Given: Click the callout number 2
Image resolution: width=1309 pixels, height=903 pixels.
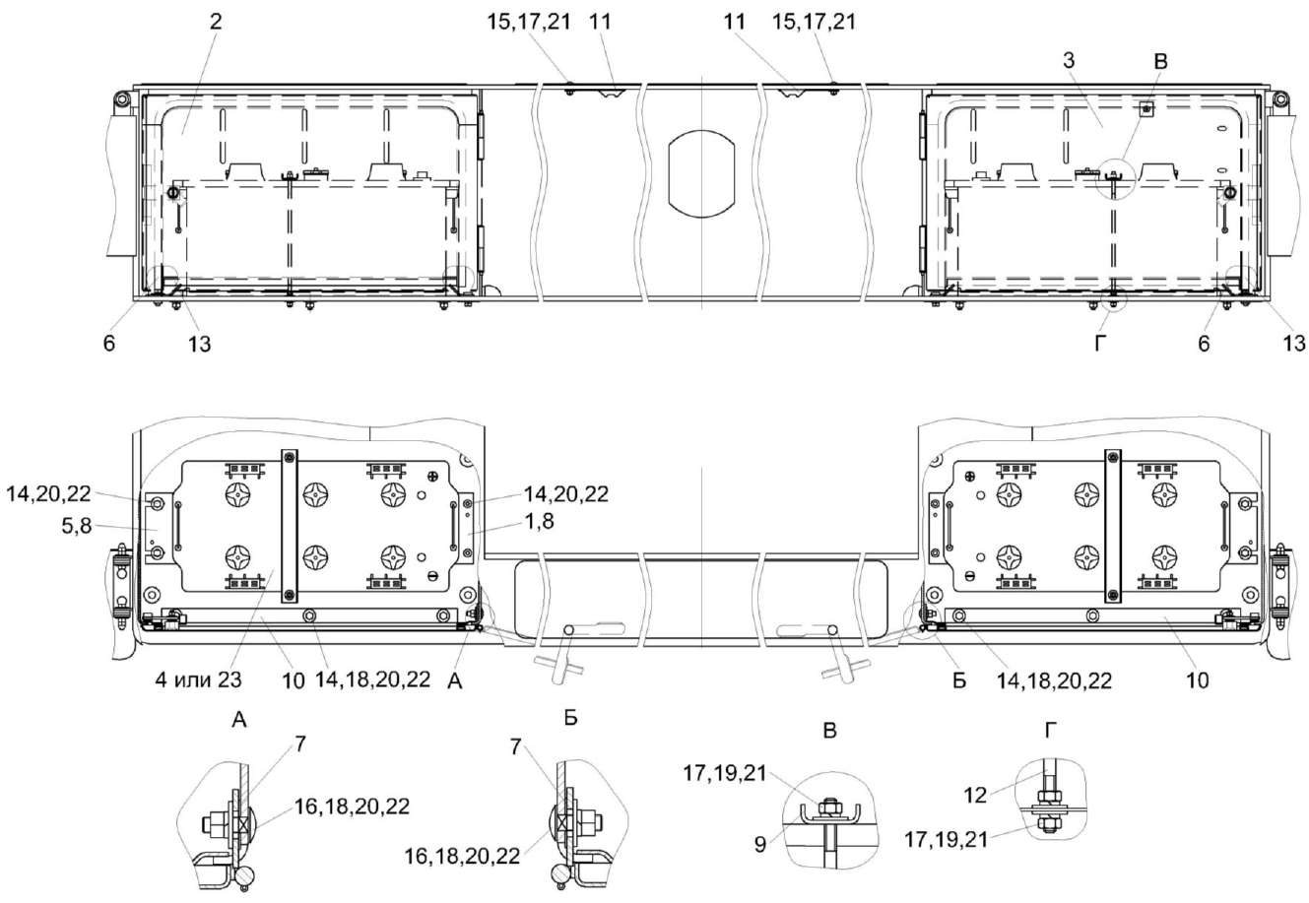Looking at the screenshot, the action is click(216, 22).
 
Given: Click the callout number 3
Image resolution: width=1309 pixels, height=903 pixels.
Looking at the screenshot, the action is click(1069, 60).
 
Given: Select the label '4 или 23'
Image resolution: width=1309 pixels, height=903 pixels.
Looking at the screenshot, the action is click(199, 679).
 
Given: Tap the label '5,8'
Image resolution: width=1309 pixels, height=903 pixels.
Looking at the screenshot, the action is click(77, 526).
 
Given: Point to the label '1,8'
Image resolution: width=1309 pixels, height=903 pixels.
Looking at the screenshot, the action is click(540, 521).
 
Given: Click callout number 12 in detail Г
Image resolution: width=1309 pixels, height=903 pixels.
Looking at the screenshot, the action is click(975, 795).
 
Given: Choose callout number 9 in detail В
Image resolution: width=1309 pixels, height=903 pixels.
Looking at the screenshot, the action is click(760, 844).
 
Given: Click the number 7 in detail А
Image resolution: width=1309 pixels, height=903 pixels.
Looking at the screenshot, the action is click(299, 744).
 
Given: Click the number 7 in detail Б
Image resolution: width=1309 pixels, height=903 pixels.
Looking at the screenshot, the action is click(515, 746).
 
